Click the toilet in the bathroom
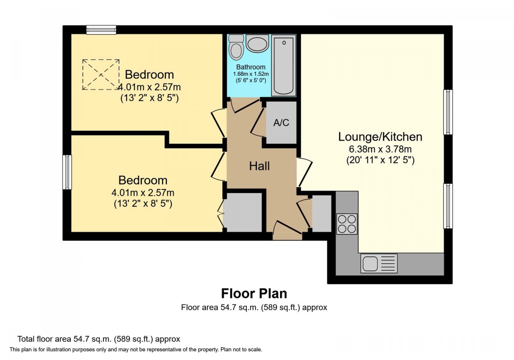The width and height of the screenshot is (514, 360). [x=236, y=47]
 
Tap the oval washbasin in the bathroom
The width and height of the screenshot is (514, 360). [x=257, y=43]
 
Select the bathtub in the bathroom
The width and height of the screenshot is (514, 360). [x=284, y=65]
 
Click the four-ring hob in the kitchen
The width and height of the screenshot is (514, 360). [x=347, y=224]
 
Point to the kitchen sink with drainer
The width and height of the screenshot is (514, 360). [x=379, y=263]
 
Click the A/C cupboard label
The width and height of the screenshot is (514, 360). [x=281, y=123]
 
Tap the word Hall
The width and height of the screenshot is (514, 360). [x=259, y=166]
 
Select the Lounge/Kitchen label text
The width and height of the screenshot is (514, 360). [x=380, y=137]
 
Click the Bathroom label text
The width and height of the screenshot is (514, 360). [x=251, y=67]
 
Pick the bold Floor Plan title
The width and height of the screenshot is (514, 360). [x=254, y=294]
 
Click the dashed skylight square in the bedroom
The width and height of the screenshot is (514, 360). [x=101, y=75]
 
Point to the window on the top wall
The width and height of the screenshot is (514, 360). [x=101, y=30]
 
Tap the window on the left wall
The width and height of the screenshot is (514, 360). [x=67, y=172]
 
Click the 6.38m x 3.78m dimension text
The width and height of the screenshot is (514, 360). [x=380, y=149]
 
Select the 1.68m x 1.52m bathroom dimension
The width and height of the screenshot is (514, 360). [x=251, y=74]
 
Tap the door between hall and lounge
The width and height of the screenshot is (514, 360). [x=305, y=172]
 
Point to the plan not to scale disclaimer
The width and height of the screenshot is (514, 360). [x=136, y=350]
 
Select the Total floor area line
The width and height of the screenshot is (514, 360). [x=99, y=339]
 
